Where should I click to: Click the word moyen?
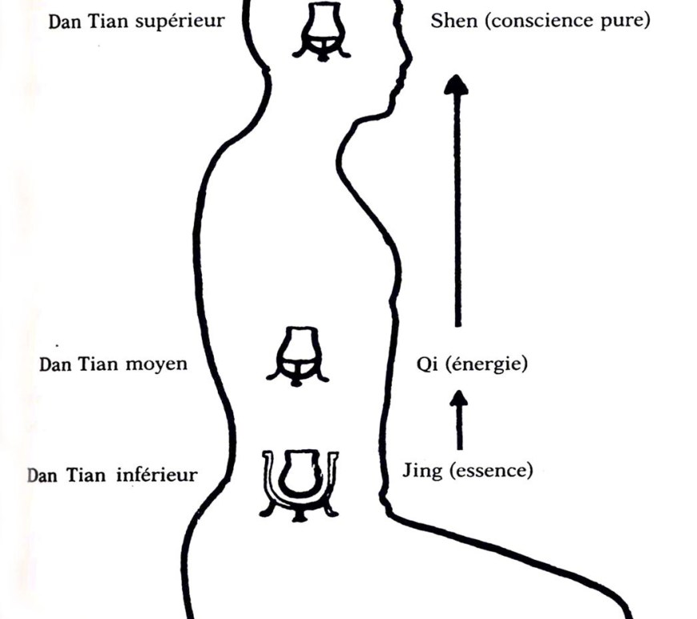point(158,364)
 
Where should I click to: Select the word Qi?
point(425,364)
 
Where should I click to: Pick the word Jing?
point(421,471)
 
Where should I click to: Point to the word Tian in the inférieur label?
point(88,475)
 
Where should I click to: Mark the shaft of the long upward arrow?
point(457,208)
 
